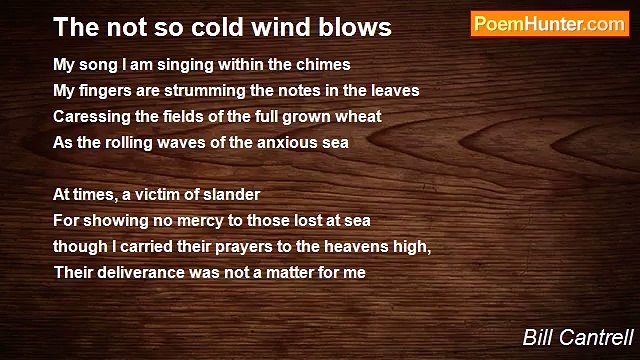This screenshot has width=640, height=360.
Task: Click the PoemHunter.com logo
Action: click(549, 25)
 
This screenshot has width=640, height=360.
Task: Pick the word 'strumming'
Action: click(188, 91)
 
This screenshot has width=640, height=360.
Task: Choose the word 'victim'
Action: click(160, 195)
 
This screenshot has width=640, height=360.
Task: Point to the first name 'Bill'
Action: click(539, 338)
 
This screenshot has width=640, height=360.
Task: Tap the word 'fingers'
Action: click(106, 91)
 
